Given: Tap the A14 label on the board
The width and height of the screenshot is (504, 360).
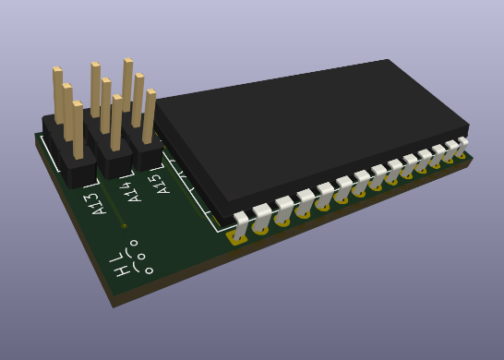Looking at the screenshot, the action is pyautogui.click(x=132, y=192).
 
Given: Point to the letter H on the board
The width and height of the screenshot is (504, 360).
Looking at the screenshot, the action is pyautogui.click(x=123, y=270).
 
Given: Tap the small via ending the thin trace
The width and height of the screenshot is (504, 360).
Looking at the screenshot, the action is pyautogui.click(x=124, y=226).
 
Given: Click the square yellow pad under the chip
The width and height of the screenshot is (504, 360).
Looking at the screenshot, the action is pyautogui.click(x=237, y=238).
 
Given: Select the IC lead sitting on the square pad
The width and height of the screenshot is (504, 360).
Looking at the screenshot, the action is pyautogui.click(x=240, y=225).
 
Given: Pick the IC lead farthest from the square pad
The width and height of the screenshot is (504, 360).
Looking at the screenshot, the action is pyautogui.click(x=462, y=146).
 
